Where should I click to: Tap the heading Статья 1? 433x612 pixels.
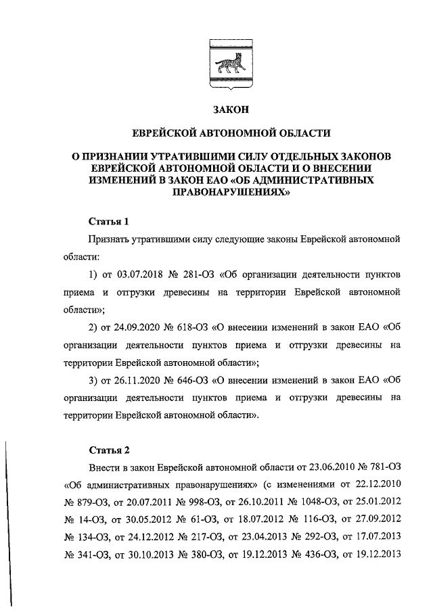108,221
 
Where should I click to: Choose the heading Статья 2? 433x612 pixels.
108,450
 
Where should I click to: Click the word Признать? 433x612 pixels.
109,240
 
